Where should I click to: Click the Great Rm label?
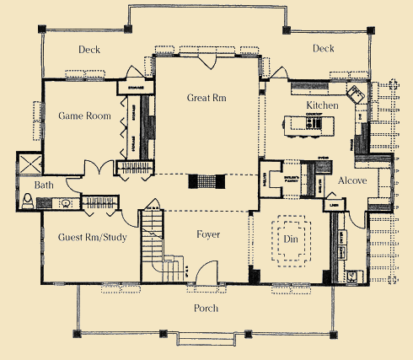(206, 99)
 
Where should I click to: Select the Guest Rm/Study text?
(93, 237)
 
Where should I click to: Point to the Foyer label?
(207, 234)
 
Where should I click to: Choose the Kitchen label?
(322, 105)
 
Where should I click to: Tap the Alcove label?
(351, 180)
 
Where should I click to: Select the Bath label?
(43, 185)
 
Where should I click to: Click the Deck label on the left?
(89, 50)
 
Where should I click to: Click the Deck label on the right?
(324, 49)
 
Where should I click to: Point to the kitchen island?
(308, 124)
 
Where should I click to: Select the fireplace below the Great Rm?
(206, 181)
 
